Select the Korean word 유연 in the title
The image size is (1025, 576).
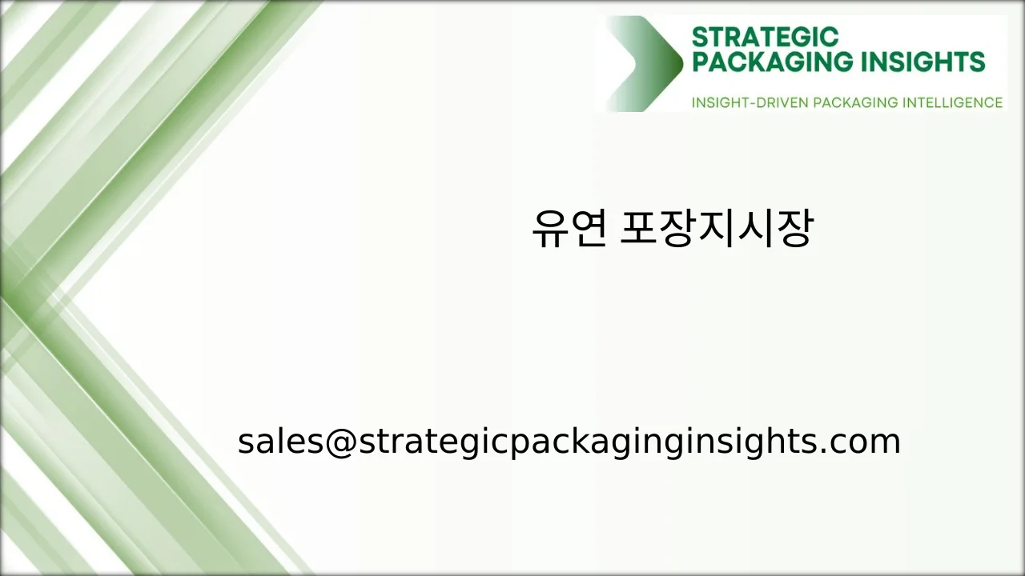[x=569, y=230]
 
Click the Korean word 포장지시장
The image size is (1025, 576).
[x=717, y=230]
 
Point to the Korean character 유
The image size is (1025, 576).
[x=549, y=230]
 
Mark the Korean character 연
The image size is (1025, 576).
[x=588, y=230]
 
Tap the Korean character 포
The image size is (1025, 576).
[x=640, y=230]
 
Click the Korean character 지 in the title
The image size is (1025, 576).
[x=717, y=230]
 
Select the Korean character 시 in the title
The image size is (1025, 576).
[x=756, y=230]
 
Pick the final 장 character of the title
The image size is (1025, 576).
[x=794, y=230]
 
